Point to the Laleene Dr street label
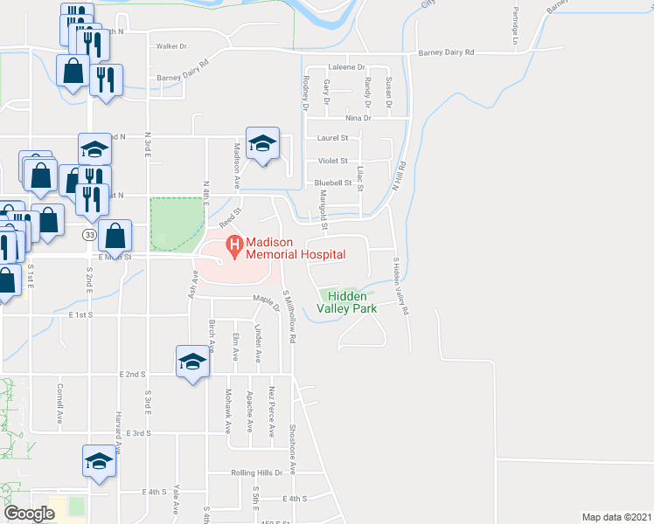coord(346,67)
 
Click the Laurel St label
coord(333,138)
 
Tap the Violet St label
coord(333,161)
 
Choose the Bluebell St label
coord(333,183)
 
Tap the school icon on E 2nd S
coord(191,362)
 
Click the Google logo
coord(29,514)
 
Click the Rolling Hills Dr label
coord(257,472)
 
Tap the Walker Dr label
coord(171,45)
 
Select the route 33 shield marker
coord(90,235)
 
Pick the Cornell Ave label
coord(60,403)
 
